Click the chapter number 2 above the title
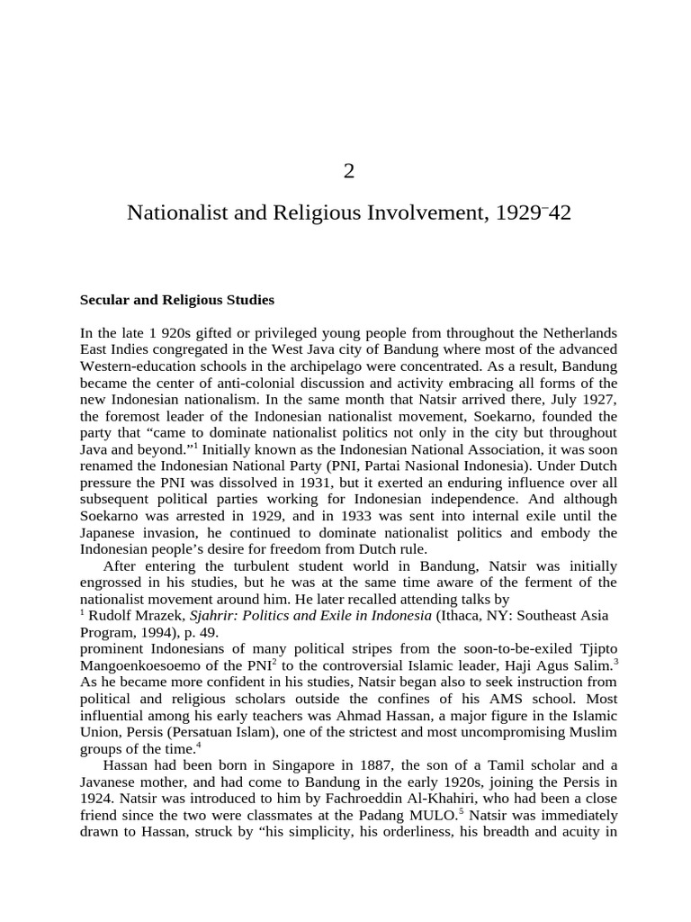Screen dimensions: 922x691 (x=349, y=171)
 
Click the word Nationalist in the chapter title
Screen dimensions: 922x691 (x=173, y=214)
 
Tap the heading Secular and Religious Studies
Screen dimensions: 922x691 (x=177, y=299)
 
